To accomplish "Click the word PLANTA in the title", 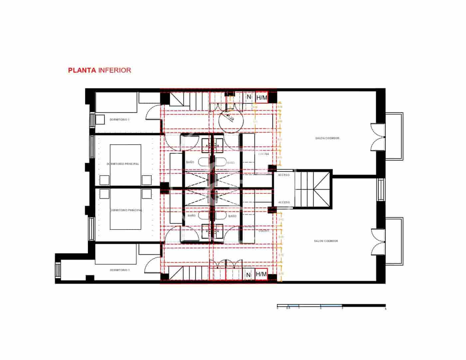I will tap(82, 70).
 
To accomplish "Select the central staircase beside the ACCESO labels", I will tap(313, 190).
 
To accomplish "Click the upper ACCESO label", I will tap(284, 175).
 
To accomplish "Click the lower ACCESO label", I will tap(284, 202).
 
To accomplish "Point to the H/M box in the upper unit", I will tap(262, 97).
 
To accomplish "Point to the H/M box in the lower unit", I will tap(262, 274).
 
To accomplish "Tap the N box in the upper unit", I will tap(249, 97).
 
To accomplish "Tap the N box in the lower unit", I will tap(248, 275).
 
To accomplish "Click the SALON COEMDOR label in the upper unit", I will tap(328, 138).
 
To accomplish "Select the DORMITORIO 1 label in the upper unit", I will tap(119, 119).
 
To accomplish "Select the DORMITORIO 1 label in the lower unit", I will tap(119, 270).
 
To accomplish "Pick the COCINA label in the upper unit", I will tap(264, 154).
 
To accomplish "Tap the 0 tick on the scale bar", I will tap(278, 308).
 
